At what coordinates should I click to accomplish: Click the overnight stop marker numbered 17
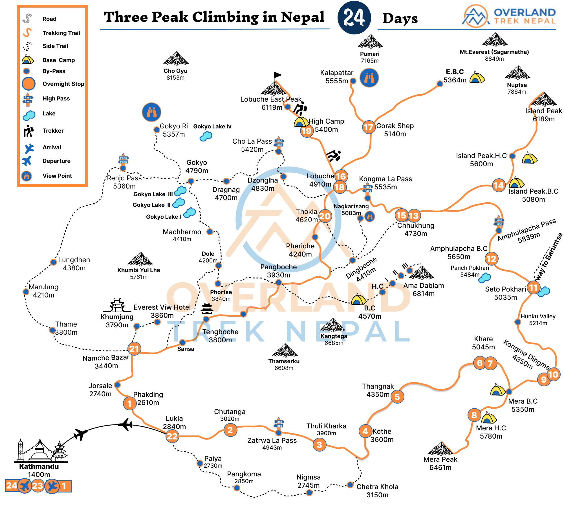point(369,127)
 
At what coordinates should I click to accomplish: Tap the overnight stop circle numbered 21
point(134,349)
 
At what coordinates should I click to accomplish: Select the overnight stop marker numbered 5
point(397,397)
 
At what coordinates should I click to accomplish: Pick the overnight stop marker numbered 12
point(492,259)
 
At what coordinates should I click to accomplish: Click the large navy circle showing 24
point(354,17)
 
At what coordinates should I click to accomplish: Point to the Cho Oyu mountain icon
point(176,58)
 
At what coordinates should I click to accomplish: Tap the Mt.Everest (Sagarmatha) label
point(494,52)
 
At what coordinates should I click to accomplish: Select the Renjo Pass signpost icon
point(124,160)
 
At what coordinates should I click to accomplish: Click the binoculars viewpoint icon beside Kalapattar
point(369,78)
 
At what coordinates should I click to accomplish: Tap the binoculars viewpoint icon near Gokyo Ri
point(151,112)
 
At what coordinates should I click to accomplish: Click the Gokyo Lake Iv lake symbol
point(206,136)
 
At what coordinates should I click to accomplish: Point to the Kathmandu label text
point(39,466)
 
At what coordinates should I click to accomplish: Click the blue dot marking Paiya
point(200,463)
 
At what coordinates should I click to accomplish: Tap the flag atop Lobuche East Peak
point(277,75)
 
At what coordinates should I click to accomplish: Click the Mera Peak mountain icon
point(440,449)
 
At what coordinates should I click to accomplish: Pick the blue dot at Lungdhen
point(53,262)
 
